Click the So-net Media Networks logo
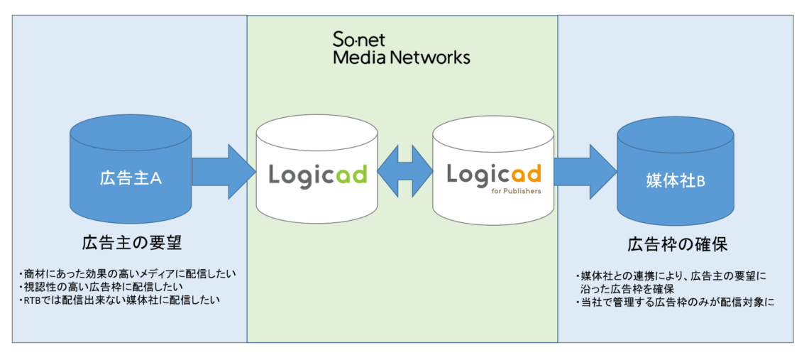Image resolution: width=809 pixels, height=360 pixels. pos(402,48)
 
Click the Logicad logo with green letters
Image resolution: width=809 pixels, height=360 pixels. pos(317,174)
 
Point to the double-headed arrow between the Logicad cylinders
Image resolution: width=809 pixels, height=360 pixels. pos(404,173)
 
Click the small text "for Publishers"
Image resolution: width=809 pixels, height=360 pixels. pos(516,190)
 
